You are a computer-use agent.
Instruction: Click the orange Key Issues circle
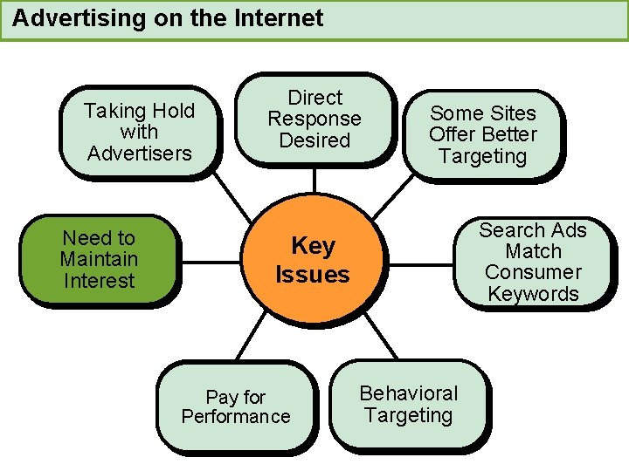pos(312,261)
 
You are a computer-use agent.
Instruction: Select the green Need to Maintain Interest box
pos(99,259)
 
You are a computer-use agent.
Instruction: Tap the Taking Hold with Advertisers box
pos(140,132)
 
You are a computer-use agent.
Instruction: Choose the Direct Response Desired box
pos(314,119)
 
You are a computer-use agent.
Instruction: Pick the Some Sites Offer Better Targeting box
pos(483,135)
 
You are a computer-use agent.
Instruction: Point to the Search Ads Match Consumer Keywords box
pos(533,262)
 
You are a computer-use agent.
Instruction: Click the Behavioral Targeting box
pos(409,405)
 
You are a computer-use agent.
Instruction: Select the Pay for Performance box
pos(236,407)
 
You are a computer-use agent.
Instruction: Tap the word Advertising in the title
pos(66,17)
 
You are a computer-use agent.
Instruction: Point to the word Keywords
pos(533,294)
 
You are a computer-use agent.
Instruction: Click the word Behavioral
pos(409,393)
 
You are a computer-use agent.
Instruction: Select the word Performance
pos(236,417)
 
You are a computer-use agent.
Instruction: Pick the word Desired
pos(314,140)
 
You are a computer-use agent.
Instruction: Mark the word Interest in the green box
pos(99,281)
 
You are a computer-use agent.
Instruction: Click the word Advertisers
pos(140,154)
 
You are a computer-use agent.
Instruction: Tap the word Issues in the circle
pos(312,275)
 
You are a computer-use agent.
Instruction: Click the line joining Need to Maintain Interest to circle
pos(211,262)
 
